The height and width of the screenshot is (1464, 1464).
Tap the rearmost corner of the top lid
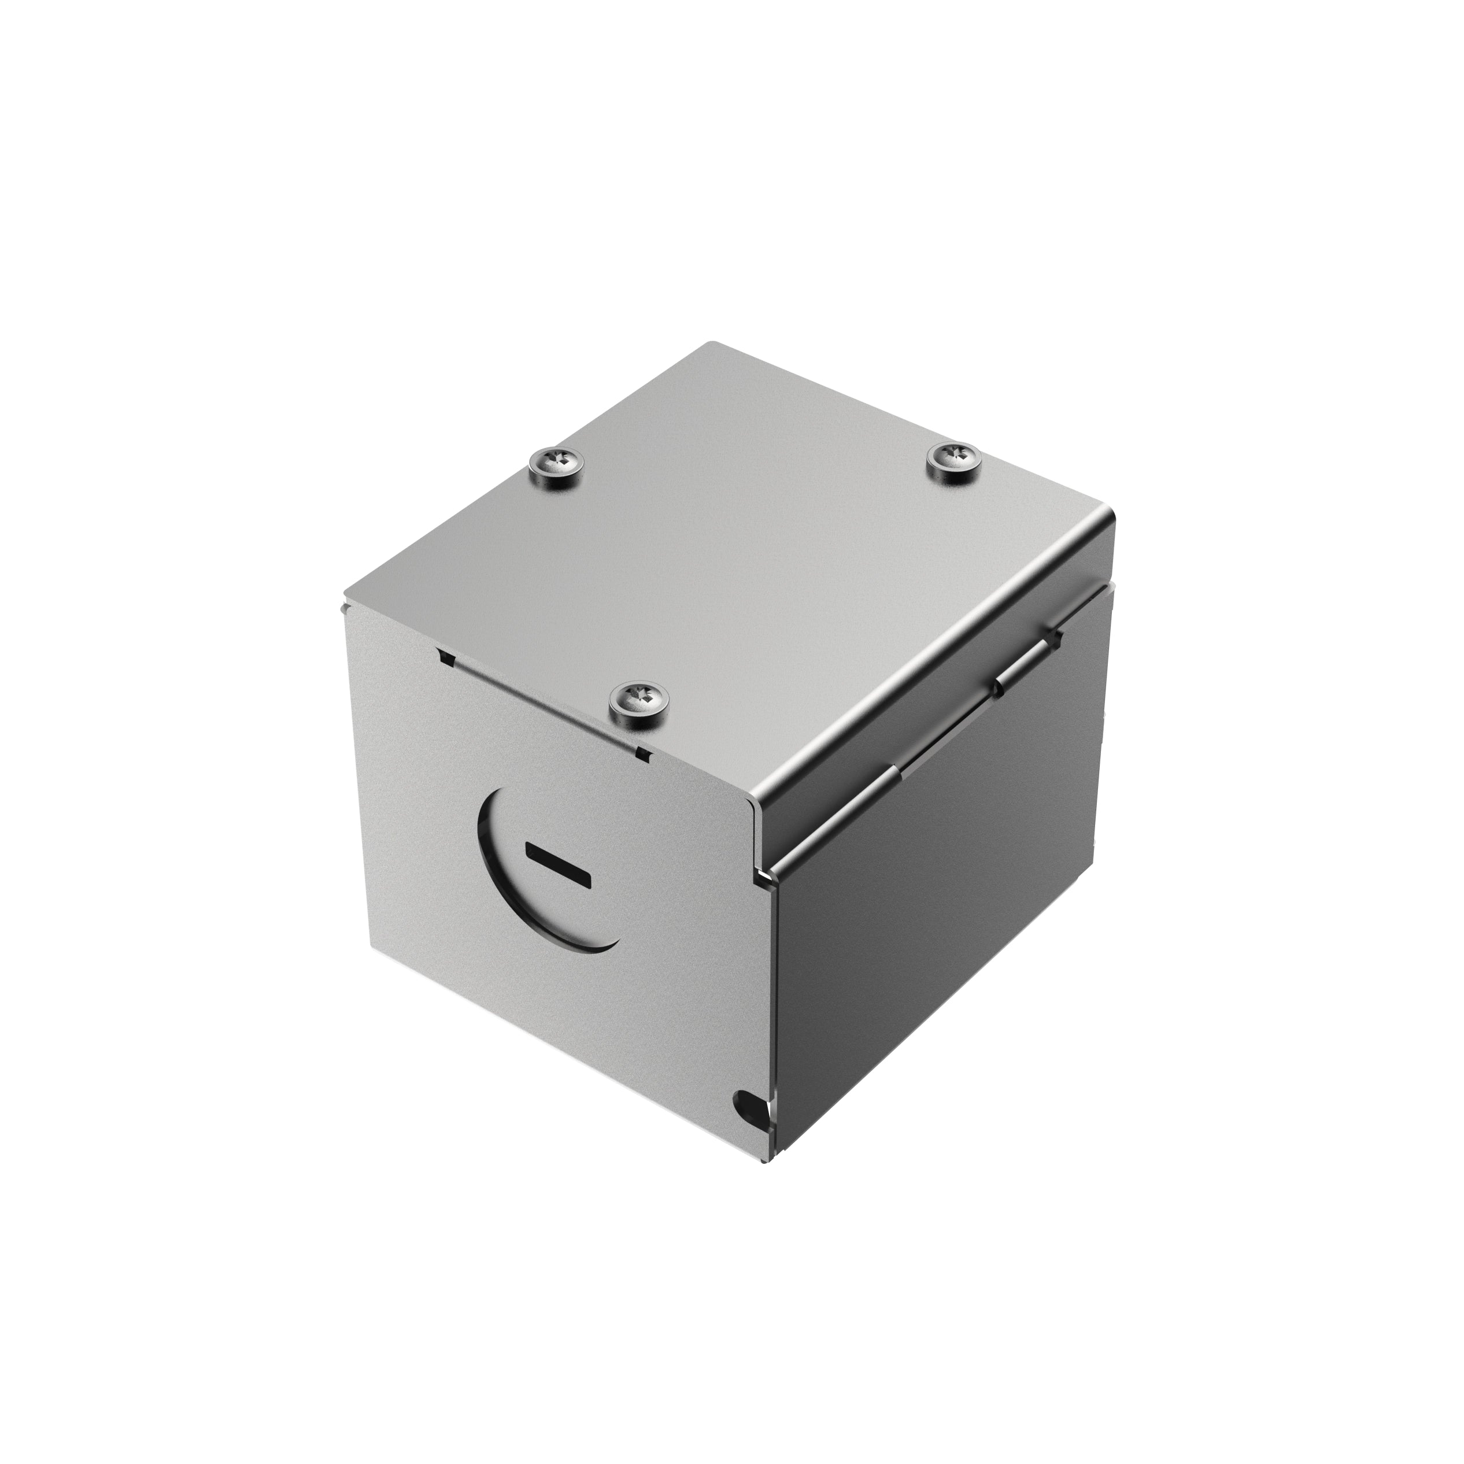(711, 345)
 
